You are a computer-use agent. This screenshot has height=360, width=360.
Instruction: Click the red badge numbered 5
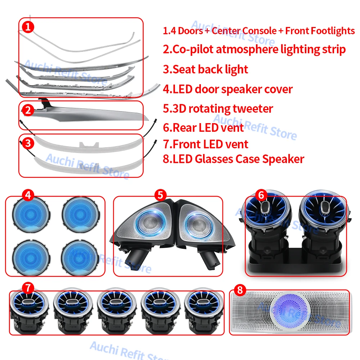(160, 195)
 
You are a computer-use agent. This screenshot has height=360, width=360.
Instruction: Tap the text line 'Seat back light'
(206, 69)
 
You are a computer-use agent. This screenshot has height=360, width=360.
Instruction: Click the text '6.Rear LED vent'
(203, 127)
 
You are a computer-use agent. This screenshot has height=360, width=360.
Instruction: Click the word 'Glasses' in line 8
(216, 159)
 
